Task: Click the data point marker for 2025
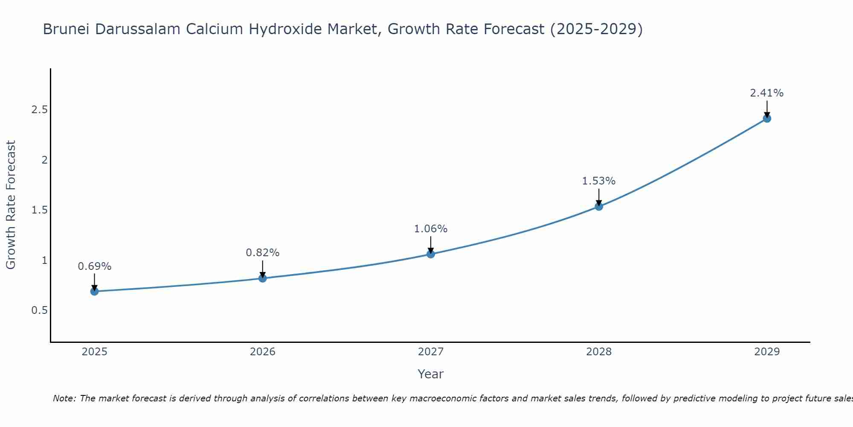pos(94,292)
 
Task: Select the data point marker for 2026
pos(263,278)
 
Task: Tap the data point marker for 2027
pos(431,254)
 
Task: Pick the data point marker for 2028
pos(599,207)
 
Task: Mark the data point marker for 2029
pos(767,118)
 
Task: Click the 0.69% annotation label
pos(94,266)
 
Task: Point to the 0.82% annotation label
pos(263,253)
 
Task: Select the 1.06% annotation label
pos(431,229)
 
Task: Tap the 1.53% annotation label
pos(599,181)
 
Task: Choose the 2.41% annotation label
pos(767,93)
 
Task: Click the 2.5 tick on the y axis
pos(39,110)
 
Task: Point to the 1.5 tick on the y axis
pos(39,210)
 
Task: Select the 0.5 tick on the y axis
pos(39,310)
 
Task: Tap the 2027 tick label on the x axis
pos(431,352)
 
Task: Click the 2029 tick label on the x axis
pos(767,352)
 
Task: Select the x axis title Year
pos(431,374)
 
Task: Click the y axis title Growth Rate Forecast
pos(11,205)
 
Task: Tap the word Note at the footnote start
pos(64,398)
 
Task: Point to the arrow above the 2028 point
pos(599,196)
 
